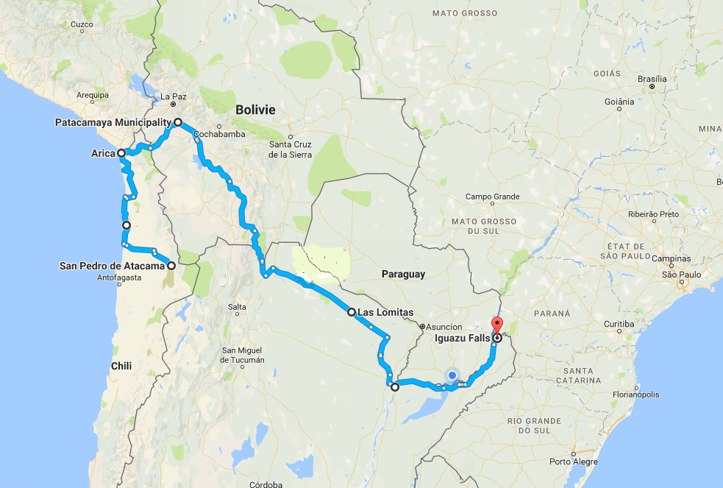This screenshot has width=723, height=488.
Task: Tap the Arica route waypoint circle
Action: (x=121, y=153)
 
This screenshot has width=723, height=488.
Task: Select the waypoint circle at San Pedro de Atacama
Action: (x=171, y=266)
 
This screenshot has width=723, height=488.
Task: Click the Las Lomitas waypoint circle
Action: (x=352, y=312)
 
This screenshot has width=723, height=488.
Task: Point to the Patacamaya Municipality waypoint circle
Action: (x=178, y=122)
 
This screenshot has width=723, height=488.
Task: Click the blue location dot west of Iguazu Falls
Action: (x=452, y=375)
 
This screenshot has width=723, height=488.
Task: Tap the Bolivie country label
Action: (x=255, y=110)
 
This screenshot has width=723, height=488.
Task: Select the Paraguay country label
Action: (x=403, y=274)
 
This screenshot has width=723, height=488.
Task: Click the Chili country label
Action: (x=121, y=366)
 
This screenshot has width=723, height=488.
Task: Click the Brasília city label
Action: (x=652, y=79)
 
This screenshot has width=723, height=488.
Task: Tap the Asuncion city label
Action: (x=444, y=327)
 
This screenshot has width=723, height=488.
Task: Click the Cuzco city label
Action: (x=82, y=24)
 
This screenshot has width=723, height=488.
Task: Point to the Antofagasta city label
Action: (x=120, y=278)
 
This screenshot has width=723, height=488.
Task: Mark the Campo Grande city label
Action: (x=492, y=197)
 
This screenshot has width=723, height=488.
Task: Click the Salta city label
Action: (x=237, y=307)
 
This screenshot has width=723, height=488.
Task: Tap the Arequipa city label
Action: (x=93, y=95)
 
